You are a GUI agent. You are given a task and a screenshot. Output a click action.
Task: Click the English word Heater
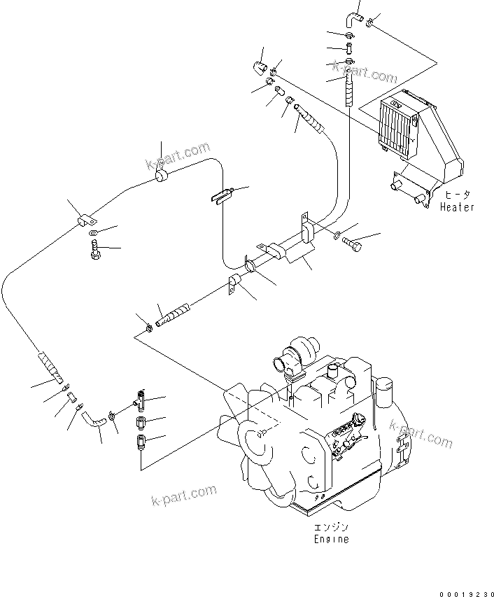pos(457,207)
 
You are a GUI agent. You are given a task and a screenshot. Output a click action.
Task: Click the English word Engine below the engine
pos(331,539)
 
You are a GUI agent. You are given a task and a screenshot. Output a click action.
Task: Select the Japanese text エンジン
pos(331,528)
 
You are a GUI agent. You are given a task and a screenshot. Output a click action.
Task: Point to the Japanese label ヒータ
pos(457,196)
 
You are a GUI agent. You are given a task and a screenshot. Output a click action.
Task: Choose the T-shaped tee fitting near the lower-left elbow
pos(139,401)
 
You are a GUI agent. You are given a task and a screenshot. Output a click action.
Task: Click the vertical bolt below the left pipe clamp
pos(95,248)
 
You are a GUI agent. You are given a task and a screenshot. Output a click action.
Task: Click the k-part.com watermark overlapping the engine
pos(421,434)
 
